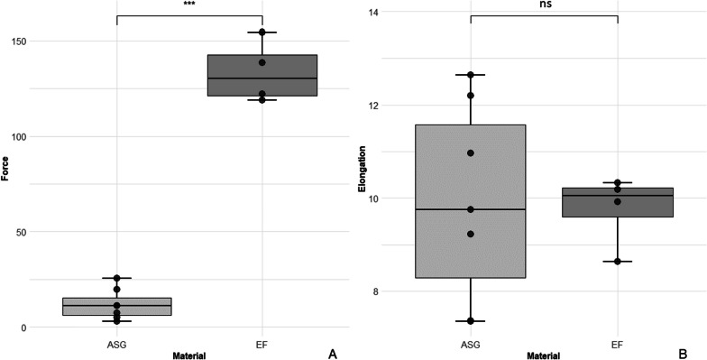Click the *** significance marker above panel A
coord(189,4)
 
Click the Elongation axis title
coord(361,168)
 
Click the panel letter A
coord(332,354)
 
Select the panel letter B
coord(685,353)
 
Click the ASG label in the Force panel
coord(117,345)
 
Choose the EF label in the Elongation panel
coord(617,345)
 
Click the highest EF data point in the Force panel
coord(262,32)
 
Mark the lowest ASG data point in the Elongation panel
coord(471,321)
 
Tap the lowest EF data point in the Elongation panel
coord(617,262)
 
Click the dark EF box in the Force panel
coord(262,76)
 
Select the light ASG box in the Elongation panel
coord(471,201)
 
